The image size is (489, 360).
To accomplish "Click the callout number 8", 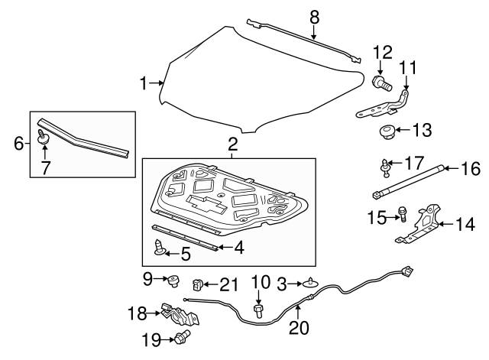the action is click(x=314, y=18).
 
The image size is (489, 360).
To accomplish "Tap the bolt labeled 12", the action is click(x=382, y=83).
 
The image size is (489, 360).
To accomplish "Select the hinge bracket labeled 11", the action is click(x=383, y=105).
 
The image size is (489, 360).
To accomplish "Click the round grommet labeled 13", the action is click(x=386, y=132).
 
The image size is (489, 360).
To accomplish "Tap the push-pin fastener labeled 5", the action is click(x=160, y=247).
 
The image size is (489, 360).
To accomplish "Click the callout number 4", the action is click(x=238, y=248).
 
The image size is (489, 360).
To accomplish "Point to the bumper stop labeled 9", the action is click(x=173, y=281).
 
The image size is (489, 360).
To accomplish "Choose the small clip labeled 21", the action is click(x=197, y=284).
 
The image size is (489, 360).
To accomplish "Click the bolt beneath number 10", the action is click(x=258, y=311).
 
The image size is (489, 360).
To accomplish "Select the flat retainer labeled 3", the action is click(x=311, y=282).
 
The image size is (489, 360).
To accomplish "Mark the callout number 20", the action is click(x=299, y=328).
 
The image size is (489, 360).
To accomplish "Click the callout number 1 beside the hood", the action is click(x=143, y=83).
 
